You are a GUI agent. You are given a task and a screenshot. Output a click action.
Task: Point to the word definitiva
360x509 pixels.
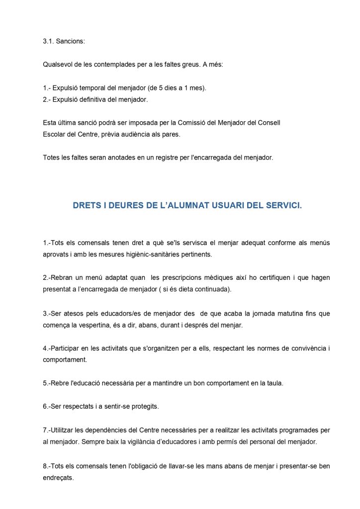pos(93,99)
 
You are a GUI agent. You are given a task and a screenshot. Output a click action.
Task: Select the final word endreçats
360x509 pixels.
pos(58,478)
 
